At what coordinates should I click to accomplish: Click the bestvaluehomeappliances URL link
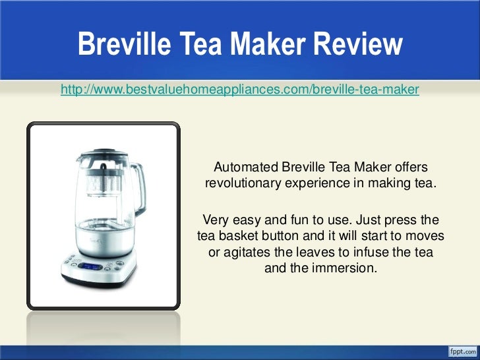pyautogui.click(x=239, y=89)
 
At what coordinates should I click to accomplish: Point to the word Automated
pyautogui.click(x=246, y=167)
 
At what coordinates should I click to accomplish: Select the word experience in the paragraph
pyautogui.click(x=316, y=183)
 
